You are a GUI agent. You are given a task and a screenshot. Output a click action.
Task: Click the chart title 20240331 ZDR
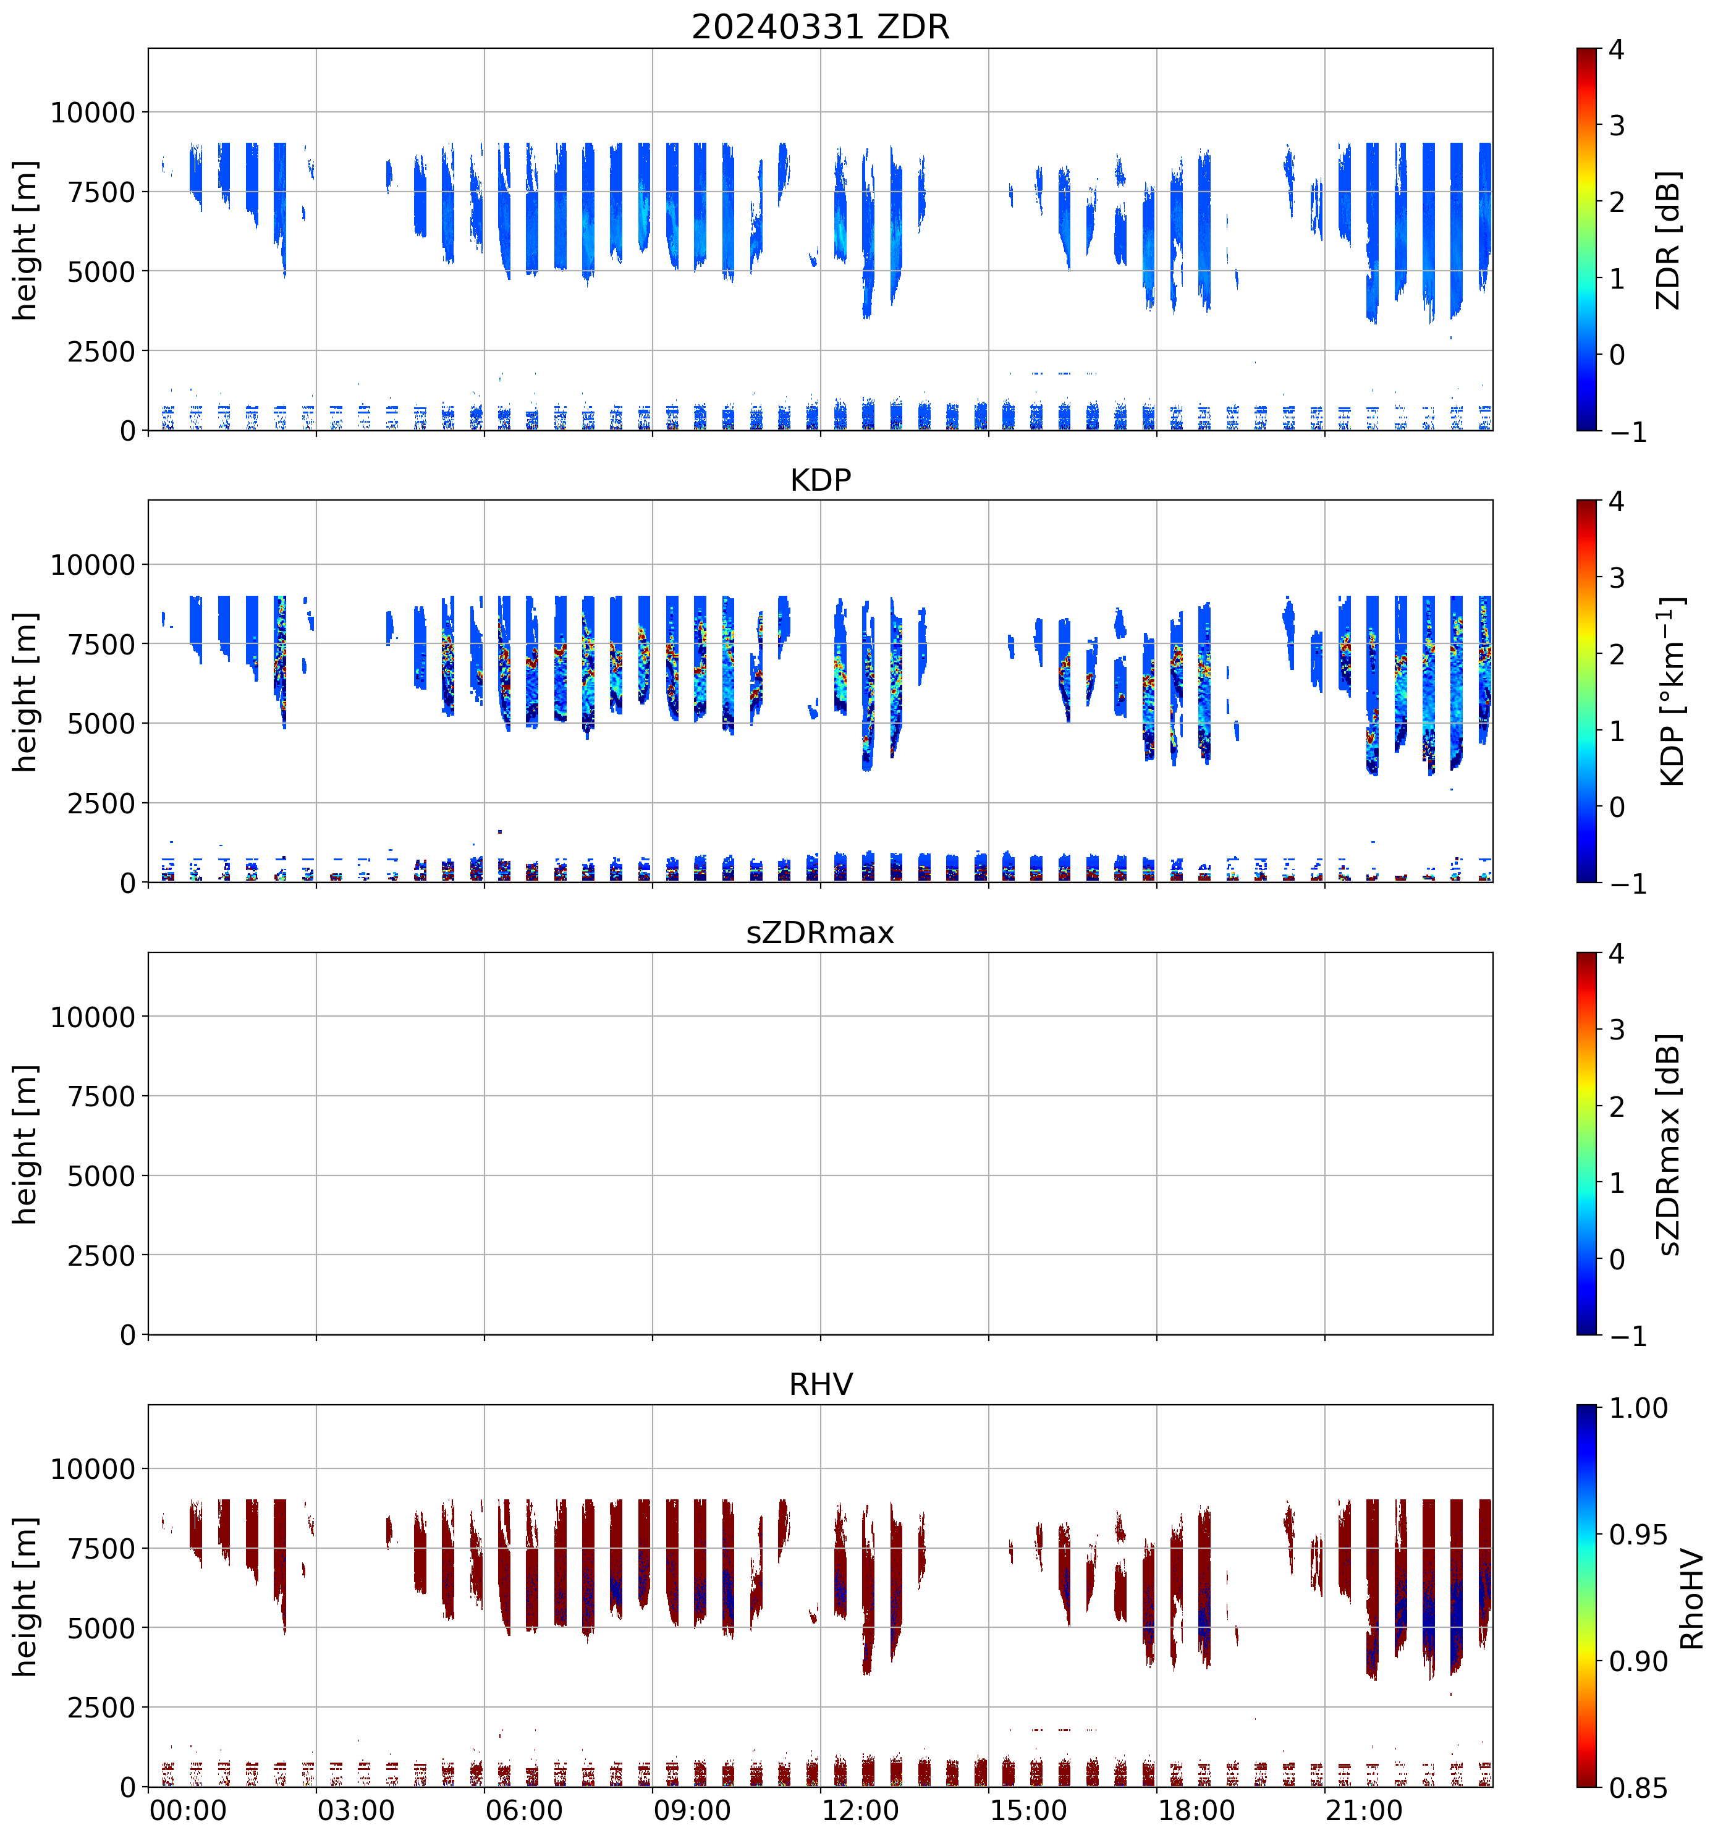820,27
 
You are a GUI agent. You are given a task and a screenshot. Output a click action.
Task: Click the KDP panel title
820,481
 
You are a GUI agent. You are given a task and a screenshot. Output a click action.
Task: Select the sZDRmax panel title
820,933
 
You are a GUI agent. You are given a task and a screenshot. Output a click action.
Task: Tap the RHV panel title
820,1385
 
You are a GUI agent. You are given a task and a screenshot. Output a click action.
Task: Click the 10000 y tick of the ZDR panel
93,113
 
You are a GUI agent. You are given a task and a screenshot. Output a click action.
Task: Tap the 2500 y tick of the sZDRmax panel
102,1256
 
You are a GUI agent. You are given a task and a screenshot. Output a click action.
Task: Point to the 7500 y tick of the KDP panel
102,645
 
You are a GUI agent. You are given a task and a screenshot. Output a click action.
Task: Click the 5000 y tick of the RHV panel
102,1628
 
